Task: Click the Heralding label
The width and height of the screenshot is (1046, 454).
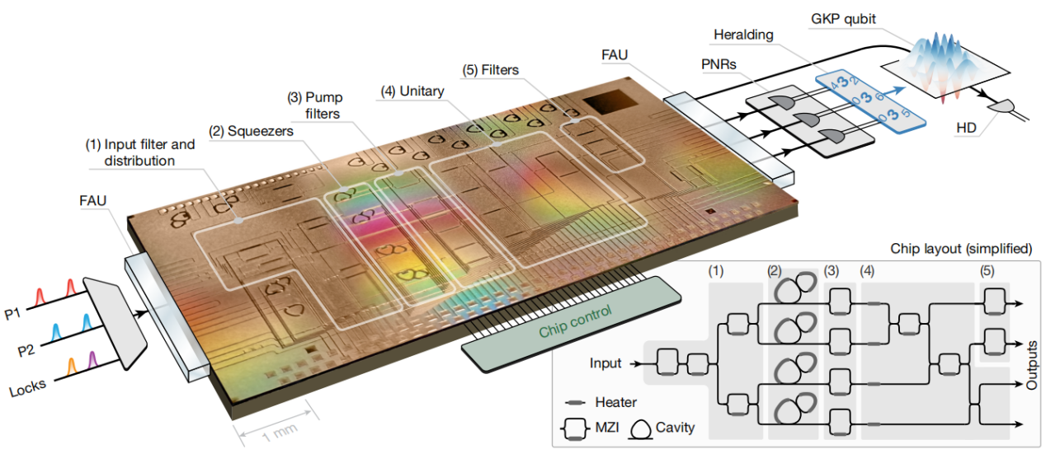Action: click(x=746, y=35)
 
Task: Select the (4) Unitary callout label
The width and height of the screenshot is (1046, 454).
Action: click(x=412, y=91)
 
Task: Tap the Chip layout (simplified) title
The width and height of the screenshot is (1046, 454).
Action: click(x=960, y=248)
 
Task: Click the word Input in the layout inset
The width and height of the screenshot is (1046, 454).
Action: click(x=605, y=363)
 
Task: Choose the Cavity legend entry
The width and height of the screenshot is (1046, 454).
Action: click(x=675, y=428)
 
